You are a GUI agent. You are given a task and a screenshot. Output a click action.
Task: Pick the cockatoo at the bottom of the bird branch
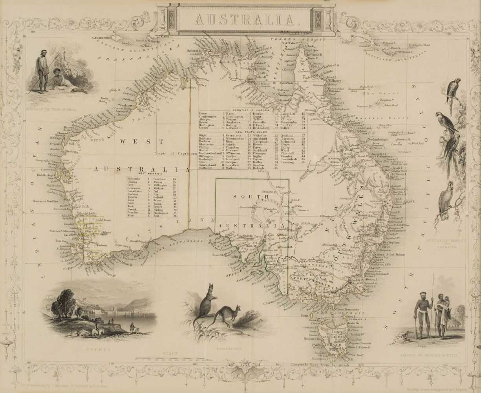(x=446, y=202)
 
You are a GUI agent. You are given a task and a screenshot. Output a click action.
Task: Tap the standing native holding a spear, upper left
(x=40, y=73)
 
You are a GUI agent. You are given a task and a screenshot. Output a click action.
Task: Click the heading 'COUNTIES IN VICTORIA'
(x=249, y=110)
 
